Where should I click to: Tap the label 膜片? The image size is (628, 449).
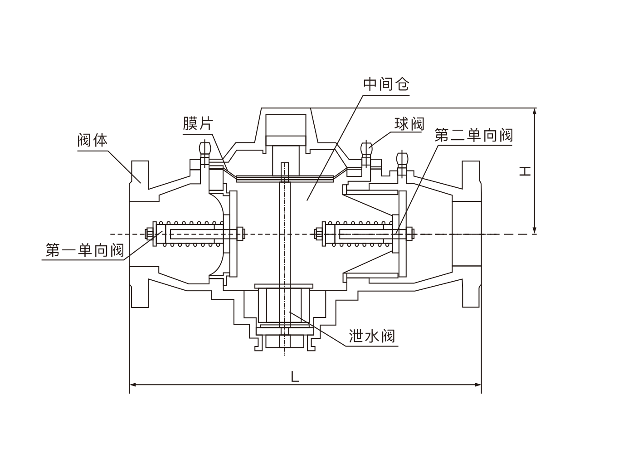[198, 123]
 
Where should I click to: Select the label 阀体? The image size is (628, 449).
[92, 140]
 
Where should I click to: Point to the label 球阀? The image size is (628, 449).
[409, 124]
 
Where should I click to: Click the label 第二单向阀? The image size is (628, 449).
[473, 135]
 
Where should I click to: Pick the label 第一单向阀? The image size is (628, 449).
[84, 250]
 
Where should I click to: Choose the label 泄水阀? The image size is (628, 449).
[372, 336]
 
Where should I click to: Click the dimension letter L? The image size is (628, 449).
[295, 377]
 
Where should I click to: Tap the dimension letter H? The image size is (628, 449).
[525, 171]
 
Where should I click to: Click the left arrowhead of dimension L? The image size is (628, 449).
[133, 385]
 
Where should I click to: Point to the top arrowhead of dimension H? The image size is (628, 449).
[535, 112]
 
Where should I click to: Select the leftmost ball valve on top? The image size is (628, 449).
[204, 149]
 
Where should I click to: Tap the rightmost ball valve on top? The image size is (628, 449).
[402, 158]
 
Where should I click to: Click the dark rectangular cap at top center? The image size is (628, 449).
[286, 124]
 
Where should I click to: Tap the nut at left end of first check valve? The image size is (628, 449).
[148, 234]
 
